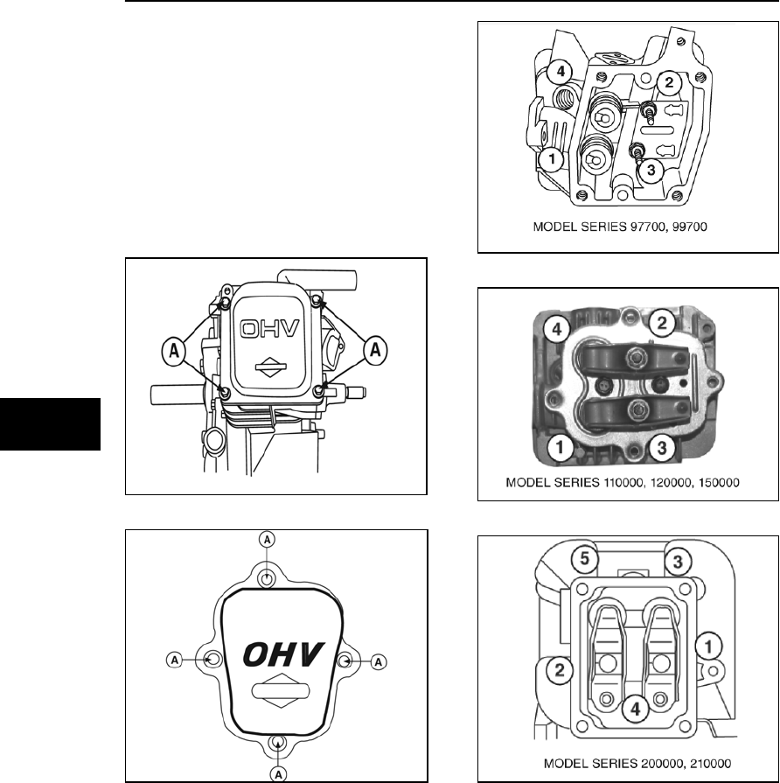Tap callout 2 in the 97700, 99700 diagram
click(670, 83)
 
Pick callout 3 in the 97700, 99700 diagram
click(650, 170)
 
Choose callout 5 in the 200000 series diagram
click(583, 557)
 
